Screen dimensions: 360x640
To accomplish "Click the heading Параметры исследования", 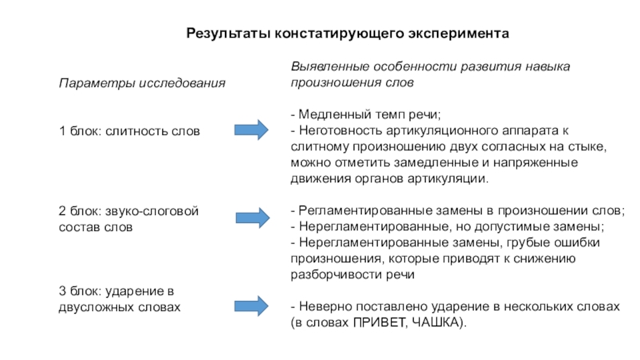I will click(x=142, y=83).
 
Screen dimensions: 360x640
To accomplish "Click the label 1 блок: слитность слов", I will click(x=130, y=130).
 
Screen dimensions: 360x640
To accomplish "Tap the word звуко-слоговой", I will click(x=153, y=211).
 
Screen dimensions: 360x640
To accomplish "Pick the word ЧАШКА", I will click(x=436, y=323).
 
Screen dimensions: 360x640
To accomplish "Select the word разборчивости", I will click(x=330, y=275).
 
